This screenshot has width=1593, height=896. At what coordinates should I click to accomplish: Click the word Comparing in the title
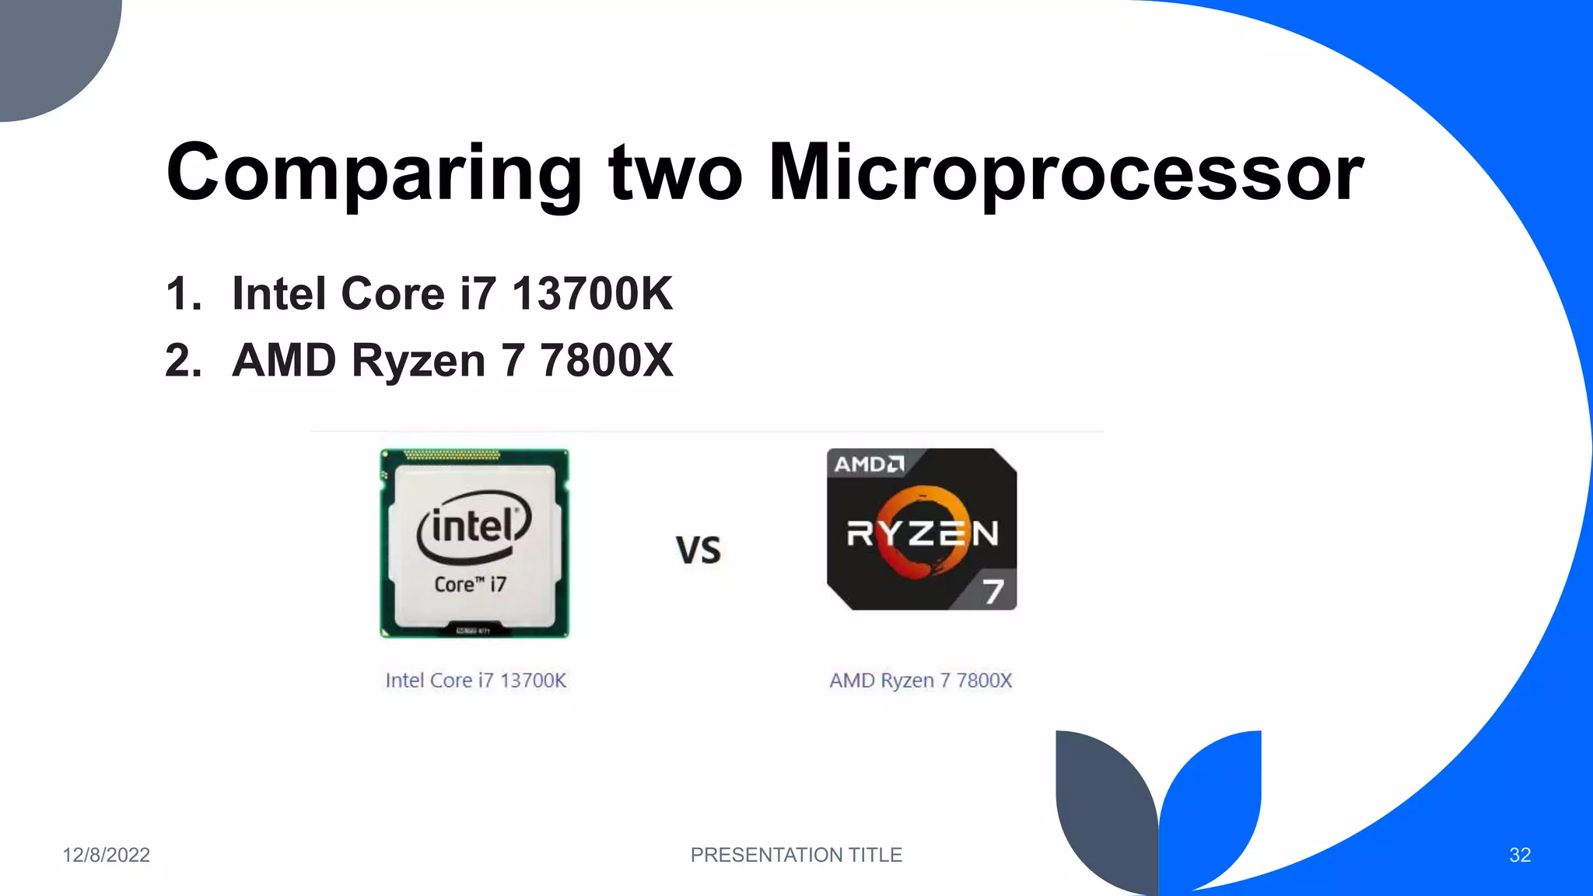coord(374,173)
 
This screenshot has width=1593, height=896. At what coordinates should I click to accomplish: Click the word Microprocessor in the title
coord(1066,173)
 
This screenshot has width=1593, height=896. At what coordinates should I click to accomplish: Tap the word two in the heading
coord(675,173)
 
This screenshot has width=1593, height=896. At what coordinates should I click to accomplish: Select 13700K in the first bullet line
coord(592,294)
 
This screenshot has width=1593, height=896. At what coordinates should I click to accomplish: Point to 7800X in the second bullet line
coord(607,361)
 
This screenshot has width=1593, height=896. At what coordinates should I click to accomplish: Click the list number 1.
coord(184,294)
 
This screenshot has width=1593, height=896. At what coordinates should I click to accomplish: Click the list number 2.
coord(184,361)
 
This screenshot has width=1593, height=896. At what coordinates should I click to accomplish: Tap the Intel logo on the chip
coord(474,527)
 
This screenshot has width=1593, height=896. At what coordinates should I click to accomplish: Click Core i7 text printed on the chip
coord(470,584)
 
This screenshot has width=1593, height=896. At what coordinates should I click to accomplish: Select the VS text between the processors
coord(698,550)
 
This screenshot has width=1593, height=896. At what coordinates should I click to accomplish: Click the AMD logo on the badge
coord(869,464)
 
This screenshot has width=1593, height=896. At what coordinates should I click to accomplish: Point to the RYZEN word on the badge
coord(922,534)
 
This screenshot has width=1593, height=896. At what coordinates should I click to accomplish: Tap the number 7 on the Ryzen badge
coord(993,592)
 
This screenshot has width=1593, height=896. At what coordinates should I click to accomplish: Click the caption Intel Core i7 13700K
coord(476,681)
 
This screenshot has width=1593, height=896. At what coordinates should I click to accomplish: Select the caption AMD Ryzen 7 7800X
coord(921,681)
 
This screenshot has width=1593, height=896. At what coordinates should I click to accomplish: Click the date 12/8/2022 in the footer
coord(106,855)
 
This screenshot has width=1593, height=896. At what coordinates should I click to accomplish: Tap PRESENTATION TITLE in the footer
coord(796,855)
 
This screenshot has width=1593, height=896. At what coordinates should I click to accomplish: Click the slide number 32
coord(1519,855)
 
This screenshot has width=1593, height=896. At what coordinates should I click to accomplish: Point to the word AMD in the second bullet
coord(284,361)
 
